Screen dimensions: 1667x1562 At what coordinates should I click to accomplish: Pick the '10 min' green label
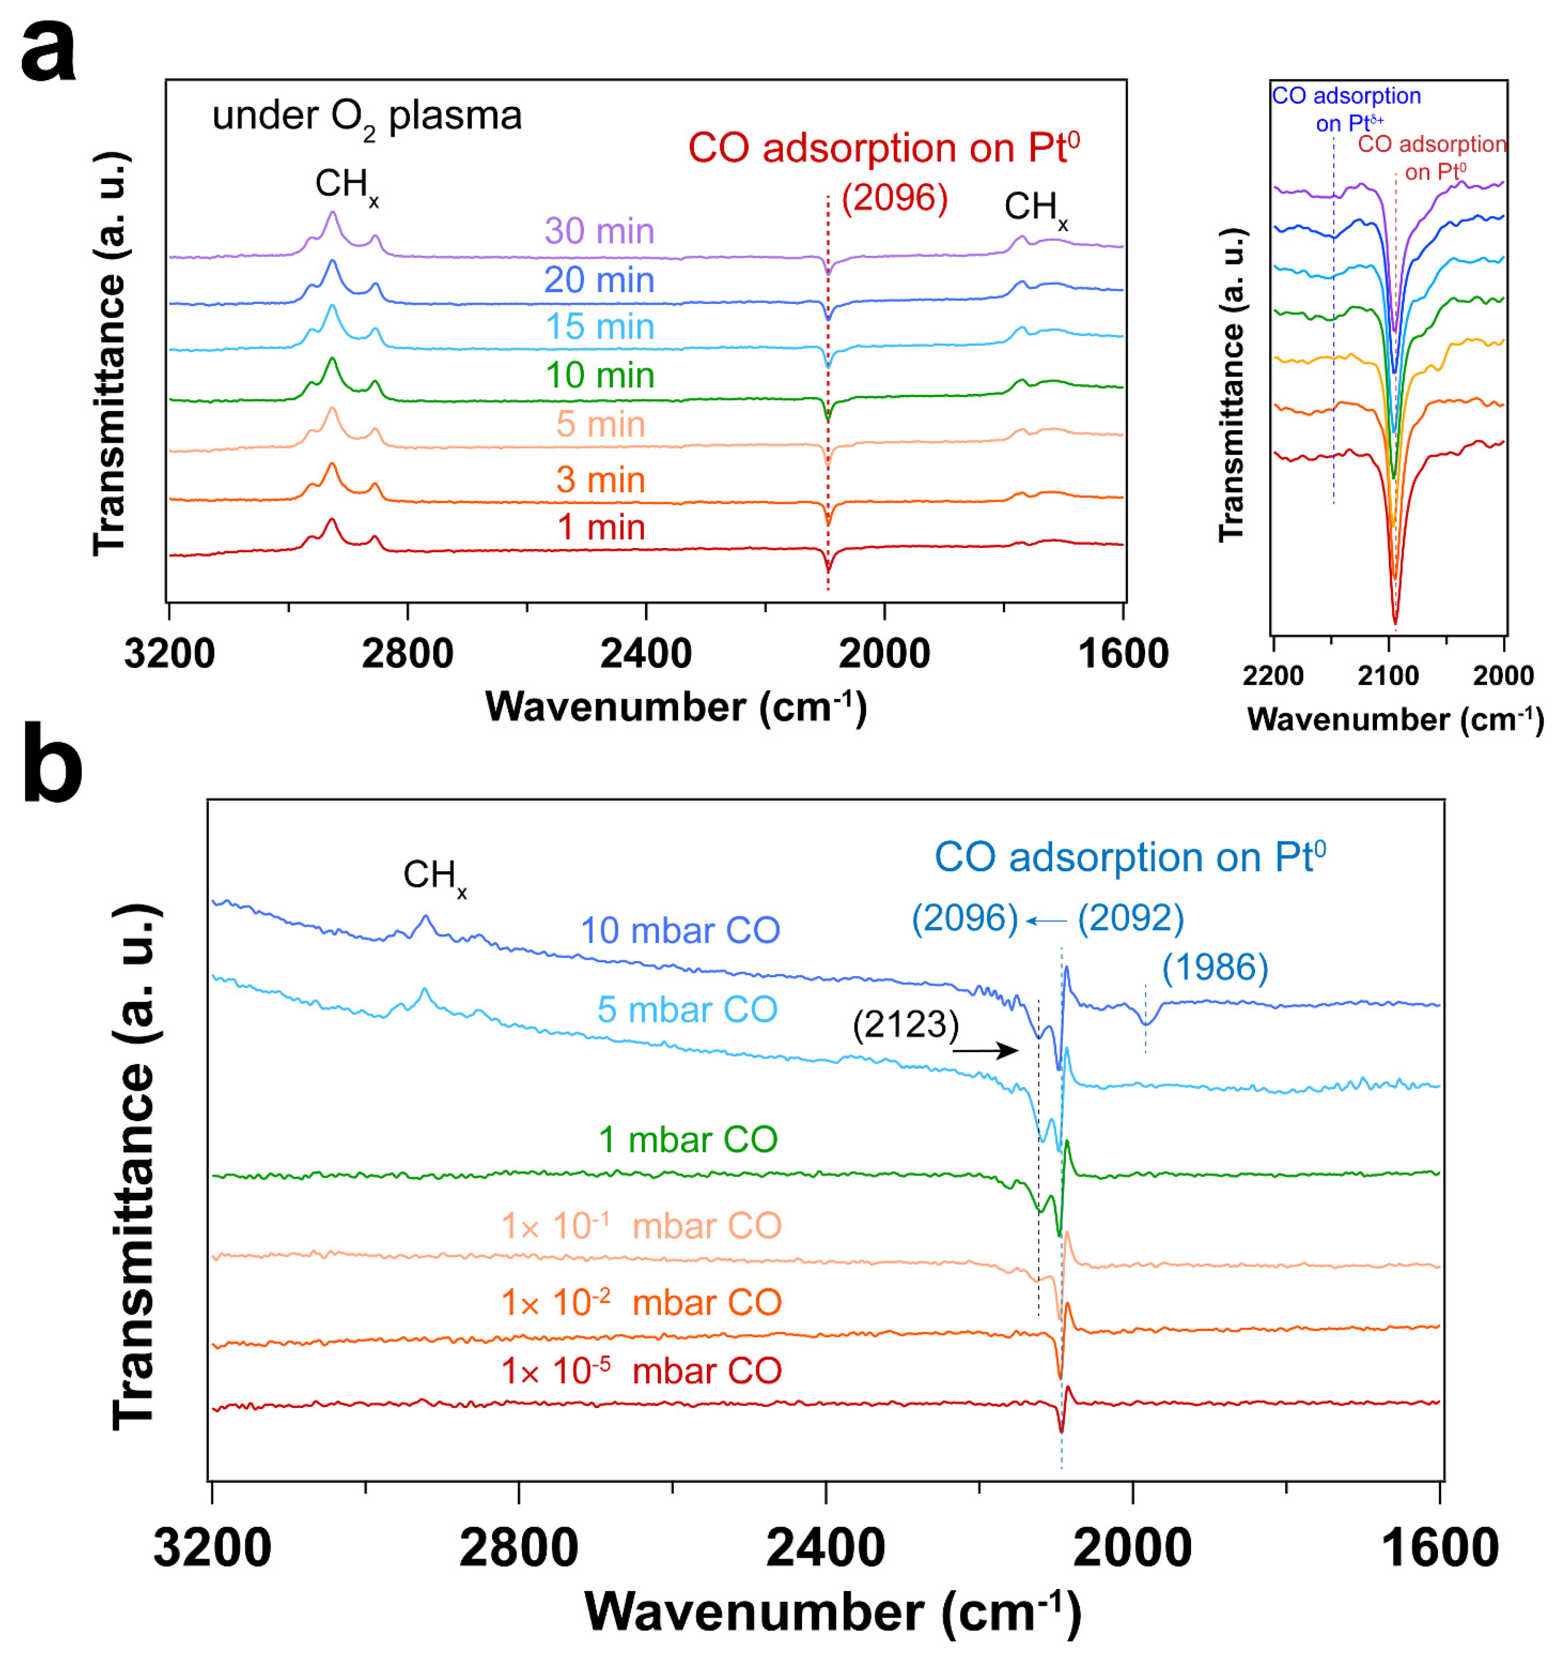[599, 375]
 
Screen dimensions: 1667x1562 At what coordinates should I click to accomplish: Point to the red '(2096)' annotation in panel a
[894, 198]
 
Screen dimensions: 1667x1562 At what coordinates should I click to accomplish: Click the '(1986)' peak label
[1214, 968]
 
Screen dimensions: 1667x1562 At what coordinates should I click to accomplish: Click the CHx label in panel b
[434, 876]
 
